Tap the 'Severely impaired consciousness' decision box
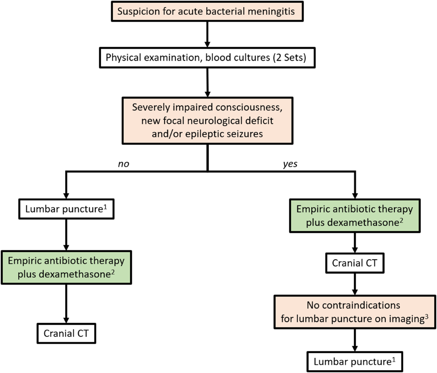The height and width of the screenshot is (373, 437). (x=207, y=121)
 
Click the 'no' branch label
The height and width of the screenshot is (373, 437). (x=123, y=164)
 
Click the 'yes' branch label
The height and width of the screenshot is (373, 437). (x=290, y=164)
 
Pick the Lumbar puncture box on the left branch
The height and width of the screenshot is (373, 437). (x=66, y=209)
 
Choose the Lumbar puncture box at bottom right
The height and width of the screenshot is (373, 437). (x=354, y=361)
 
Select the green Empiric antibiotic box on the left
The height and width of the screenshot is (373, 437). (x=66, y=267)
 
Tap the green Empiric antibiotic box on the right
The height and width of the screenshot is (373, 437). (x=354, y=216)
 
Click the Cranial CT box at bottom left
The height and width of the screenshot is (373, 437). (x=66, y=333)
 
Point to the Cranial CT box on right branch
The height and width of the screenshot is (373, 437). (x=354, y=263)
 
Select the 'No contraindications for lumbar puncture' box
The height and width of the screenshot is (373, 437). (x=354, y=311)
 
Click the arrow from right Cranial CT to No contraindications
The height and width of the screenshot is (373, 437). (x=354, y=284)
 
